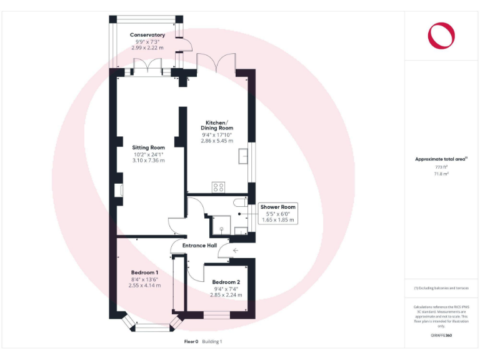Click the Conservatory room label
coord(147,35)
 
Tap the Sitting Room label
coord(148,147)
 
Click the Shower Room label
coord(278,207)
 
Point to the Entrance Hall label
coord(199,246)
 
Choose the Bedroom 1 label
coord(144,272)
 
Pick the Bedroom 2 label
coord(226,282)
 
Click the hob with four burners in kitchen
coord(219,187)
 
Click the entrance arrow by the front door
coord(234,251)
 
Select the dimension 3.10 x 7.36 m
coord(148,161)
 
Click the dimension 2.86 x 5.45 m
coord(217,141)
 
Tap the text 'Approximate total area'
coord(440,159)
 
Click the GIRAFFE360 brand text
coord(441,336)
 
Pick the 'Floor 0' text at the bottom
coord(191,341)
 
